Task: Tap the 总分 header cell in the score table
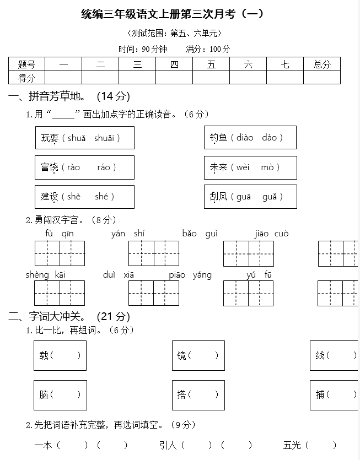point(322,64)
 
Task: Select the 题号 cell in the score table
point(26,64)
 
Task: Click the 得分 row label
point(26,78)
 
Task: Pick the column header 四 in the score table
point(174,64)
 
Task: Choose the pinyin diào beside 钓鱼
point(245,138)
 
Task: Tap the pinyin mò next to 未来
point(267,167)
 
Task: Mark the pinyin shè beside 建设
point(74,197)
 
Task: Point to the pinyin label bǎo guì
point(200,234)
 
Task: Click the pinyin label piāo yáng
point(190,275)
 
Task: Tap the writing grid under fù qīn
point(60,253)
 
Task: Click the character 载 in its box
point(44,355)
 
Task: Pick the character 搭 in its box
point(182,394)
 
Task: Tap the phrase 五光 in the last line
point(292,445)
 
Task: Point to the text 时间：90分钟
point(143,49)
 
